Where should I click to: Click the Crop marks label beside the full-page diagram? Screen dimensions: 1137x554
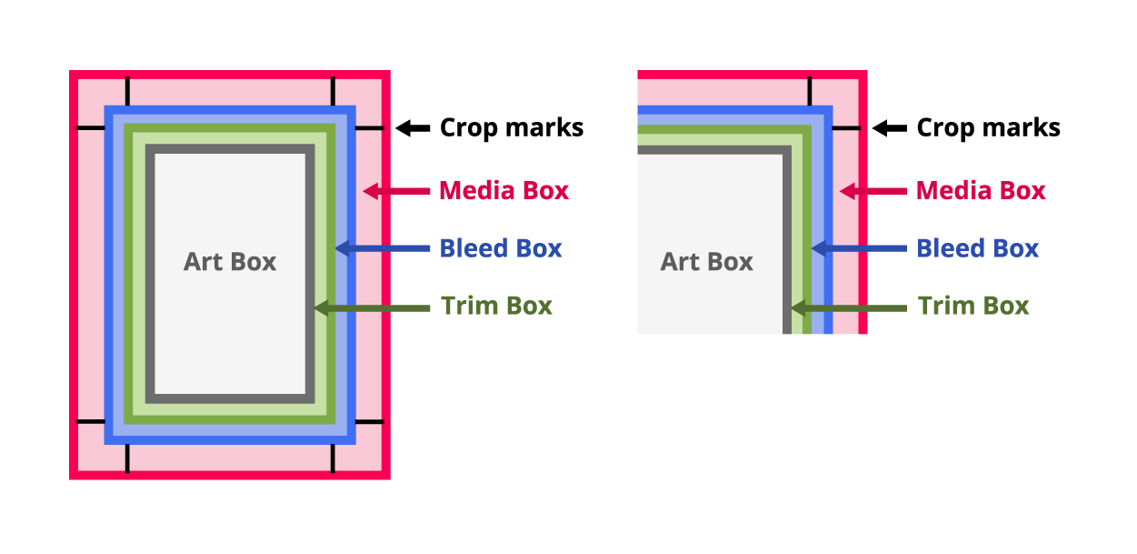(512, 128)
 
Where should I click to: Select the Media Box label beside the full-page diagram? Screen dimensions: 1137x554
(504, 191)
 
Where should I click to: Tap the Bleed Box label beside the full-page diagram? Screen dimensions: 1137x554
(501, 248)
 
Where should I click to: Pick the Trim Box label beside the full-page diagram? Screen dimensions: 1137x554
(496, 306)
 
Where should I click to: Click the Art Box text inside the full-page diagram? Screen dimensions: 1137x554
(230, 262)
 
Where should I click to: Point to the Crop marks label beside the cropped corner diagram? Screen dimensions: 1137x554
(988, 128)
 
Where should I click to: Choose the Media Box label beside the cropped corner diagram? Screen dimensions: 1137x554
(981, 191)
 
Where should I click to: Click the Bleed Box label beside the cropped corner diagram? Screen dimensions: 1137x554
(978, 248)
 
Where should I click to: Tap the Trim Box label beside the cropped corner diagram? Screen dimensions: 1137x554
(973, 306)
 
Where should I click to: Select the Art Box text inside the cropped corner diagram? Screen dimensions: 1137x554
(706, 262)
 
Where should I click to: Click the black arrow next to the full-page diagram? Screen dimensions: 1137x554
(413, 128)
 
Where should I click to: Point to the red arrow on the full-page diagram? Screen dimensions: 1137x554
(396, 191)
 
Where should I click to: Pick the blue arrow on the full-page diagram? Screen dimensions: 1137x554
(383, 248)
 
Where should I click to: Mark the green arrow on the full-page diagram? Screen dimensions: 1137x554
(372, 308)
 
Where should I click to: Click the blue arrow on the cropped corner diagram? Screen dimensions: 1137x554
(859, 248)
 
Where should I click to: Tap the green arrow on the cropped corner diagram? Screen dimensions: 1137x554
(849, 308)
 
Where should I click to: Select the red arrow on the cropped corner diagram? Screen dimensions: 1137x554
(873, 191)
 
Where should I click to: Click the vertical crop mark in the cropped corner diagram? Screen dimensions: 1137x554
(810, 92)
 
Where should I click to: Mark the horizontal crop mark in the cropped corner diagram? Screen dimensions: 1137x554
(847, 128)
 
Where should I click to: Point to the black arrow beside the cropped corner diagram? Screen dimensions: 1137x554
(889, 128)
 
